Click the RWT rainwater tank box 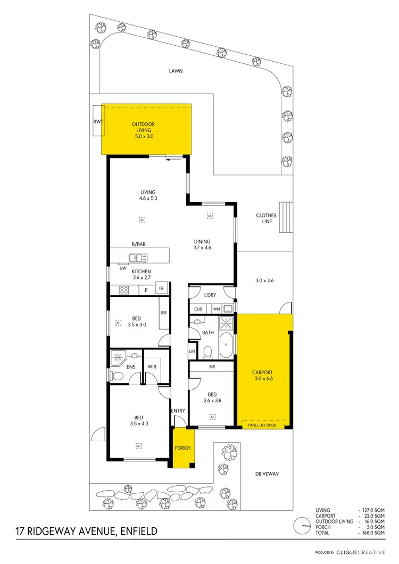97,121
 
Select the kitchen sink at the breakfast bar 138,258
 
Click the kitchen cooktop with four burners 123,290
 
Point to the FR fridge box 162,288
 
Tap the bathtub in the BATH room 226,346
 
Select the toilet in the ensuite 117,375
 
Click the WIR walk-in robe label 151,367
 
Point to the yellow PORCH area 183,448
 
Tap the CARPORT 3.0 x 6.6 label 262,376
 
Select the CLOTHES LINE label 266,218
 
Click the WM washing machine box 216,309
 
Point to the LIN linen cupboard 192,351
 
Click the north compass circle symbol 304,525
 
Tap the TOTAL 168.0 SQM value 372,532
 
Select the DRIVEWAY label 266,474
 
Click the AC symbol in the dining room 210,215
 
